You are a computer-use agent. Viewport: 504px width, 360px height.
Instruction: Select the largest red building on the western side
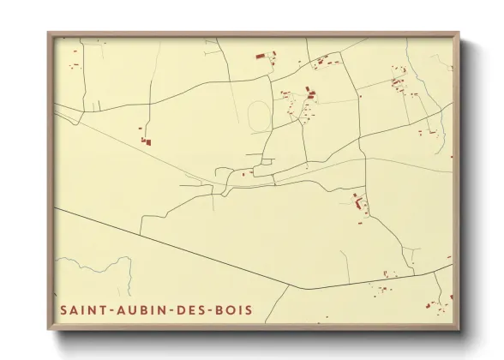point(146,141)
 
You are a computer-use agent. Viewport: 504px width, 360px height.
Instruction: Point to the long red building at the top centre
point(260,57)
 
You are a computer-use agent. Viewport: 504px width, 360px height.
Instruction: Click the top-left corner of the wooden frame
point(49,33)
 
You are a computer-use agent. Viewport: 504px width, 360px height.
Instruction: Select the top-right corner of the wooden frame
point(459,33)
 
